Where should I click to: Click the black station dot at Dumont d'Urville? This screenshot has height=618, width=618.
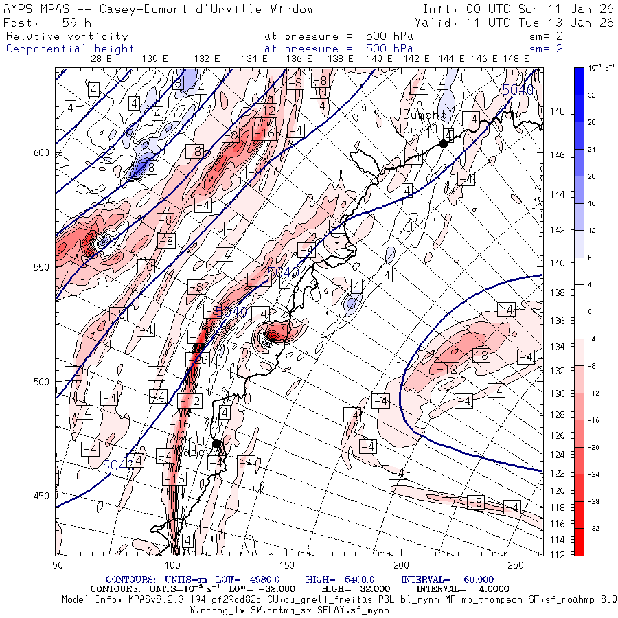444,144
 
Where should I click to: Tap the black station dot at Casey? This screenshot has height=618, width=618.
216,444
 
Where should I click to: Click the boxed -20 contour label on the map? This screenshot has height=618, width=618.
198,359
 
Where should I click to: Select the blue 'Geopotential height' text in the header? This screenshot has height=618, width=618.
71,49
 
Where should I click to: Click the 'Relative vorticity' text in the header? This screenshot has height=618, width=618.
67,36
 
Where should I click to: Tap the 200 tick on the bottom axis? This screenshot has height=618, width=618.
400,564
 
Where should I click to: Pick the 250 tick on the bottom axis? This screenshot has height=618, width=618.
515,564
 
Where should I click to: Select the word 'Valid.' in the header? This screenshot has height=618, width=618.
435,22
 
